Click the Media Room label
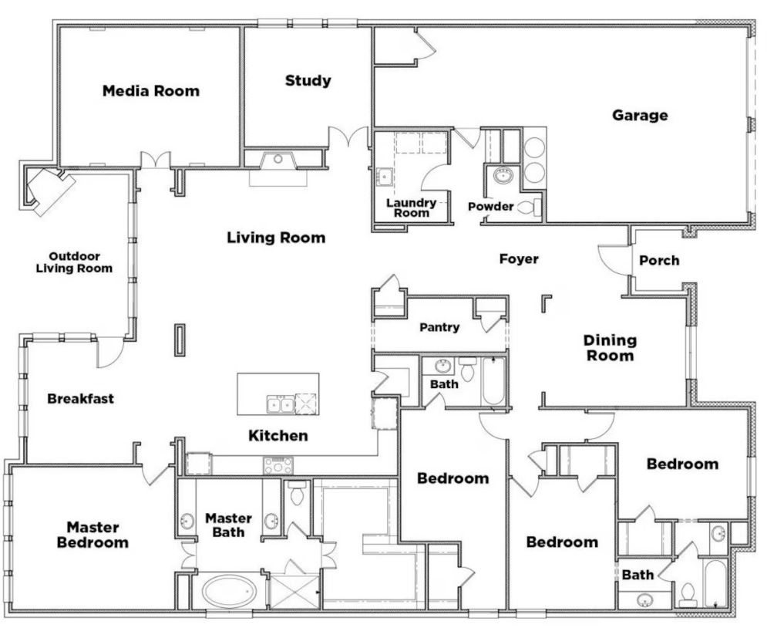[x=150, y=91]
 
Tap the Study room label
[x=308, y=80]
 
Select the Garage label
[x=640, y=116]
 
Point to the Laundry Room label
[x=411, y=208]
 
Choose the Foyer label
[x=518, y=258]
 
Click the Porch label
[x=659, y=260]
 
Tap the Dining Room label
[x=609, y=348]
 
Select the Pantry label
[x=439, y=327]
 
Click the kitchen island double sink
[x=279, y=403]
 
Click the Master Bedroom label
[x=93, y=535]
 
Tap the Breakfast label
[x=80, y=399]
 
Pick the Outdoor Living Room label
[x=80, y=262]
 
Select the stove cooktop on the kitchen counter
[x=278, y=465]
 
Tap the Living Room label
[x=276, y=238]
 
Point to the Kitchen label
[x=278, y=436]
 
